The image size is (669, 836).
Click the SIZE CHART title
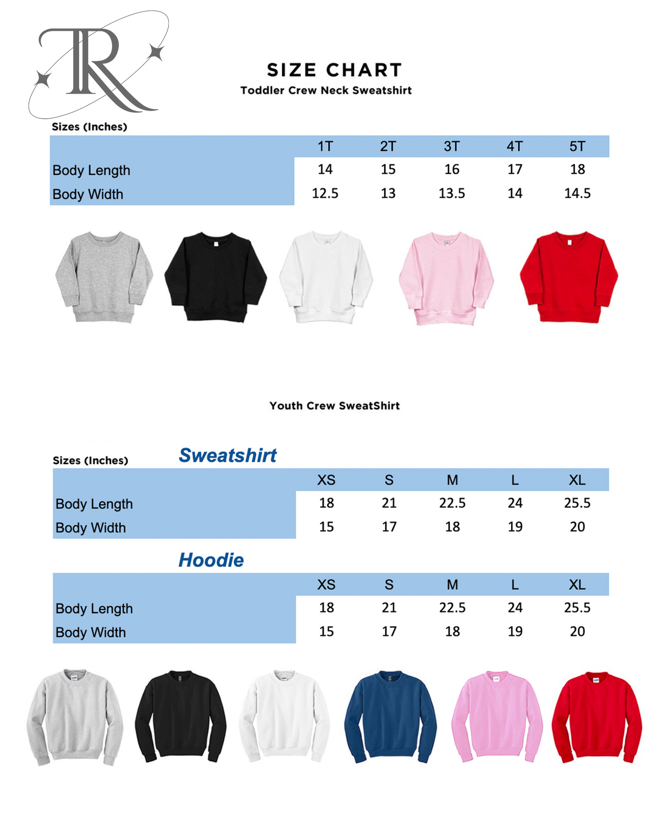[334, 70]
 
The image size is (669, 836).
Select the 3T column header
[452, 146]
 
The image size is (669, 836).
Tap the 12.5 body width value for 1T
[325, 193]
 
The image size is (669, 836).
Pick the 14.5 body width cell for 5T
[577, 193]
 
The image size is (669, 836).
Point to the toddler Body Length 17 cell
[515, 169]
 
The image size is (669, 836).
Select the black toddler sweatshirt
[215, 276]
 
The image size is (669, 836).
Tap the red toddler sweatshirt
[569, 276]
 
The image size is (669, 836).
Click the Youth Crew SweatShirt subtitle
[334, 405]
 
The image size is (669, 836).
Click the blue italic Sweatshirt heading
[227, 455]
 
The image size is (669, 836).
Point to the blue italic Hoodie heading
[211, 560]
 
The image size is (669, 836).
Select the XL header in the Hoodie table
[577, 584]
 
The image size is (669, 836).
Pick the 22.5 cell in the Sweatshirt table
[452, 503]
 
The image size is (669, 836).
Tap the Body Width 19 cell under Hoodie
[515, 631]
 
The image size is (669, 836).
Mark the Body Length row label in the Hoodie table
[94, 609]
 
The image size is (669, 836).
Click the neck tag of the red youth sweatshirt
[596, 680]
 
